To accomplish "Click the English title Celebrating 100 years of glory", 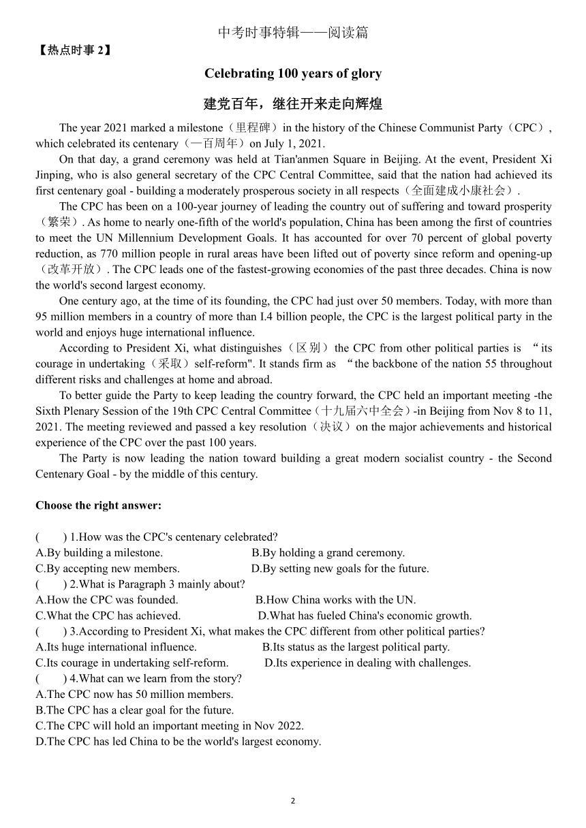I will coord(293,74).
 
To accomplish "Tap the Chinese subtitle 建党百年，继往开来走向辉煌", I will coord(293,104).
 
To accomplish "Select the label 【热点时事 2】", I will coord(74,49).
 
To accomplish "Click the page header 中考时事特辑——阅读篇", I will coord(293,33).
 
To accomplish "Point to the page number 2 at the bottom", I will coord(293,801).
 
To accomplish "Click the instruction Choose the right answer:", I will coord(99,505).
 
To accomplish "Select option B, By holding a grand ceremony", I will coord(328,553).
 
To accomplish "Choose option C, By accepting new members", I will coord(108,569).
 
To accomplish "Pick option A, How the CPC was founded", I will coord(107,600).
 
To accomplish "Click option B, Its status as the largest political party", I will coord(356,647).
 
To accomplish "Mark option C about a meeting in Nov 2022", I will coord(170,726).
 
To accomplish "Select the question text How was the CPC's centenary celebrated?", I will coord(174,537).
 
